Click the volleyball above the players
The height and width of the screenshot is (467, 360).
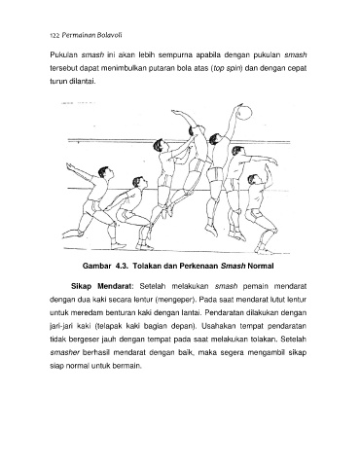click(x=244, y=112)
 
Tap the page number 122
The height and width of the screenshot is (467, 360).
click(x=54, y=36)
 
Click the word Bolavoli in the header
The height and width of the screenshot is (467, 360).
click(x=110, y=35)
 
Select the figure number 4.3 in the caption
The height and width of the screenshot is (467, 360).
click(x=121, y=267)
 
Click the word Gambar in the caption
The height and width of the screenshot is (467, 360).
click(x=96, y=267)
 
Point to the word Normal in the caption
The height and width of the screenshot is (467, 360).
click(x=261, y=267)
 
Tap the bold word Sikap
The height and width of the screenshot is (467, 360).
click(x=81, y=287)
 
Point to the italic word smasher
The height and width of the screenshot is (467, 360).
click(x=65, y=352)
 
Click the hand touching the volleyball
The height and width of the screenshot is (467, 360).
click(x=240, y=107)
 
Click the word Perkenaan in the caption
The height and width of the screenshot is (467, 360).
click(x=201, y=267)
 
